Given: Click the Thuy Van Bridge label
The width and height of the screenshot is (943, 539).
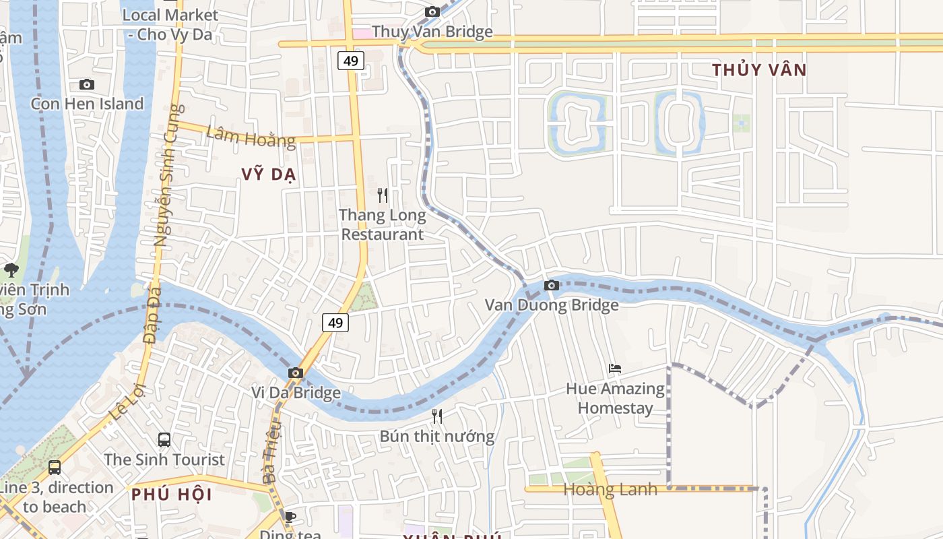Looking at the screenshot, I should click(432, 32).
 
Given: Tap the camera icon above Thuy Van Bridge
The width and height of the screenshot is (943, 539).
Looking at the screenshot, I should click(432, 11).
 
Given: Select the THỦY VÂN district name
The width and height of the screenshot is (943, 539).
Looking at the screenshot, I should click(759, 70).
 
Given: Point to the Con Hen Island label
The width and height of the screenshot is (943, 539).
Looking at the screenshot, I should click(87, 104).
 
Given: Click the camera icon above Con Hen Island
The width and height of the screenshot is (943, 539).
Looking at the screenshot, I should click(87, 84).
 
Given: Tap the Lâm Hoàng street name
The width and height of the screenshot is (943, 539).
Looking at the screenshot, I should click(251, 136).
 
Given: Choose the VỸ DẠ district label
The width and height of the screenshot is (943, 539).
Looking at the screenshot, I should click(269, 175).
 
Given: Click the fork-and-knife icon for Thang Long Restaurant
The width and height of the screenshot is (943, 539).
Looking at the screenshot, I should click(383, 195).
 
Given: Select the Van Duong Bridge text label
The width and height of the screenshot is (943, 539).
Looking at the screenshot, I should click(552, 305).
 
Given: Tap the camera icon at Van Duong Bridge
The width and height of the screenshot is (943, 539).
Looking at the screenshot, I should click(552, 285).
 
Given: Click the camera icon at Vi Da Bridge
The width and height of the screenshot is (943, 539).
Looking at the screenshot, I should click(295, 373).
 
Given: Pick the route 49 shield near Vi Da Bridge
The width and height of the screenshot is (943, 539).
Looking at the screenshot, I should click(335, 323).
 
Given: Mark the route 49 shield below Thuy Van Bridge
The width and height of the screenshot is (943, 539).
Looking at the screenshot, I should click(351, 61).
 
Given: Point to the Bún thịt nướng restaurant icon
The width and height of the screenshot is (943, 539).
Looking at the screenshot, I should click(437, 416).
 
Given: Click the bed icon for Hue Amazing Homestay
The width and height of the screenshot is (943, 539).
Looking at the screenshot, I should click(614, 369).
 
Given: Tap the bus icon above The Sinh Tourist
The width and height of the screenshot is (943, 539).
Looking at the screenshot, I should click(164, 440).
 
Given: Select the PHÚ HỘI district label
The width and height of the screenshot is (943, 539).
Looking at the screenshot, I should click(171, 495).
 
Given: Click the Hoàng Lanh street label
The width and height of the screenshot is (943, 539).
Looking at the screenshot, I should click(610, 490).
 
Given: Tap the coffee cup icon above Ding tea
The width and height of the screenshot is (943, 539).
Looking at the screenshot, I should click(290, 517).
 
